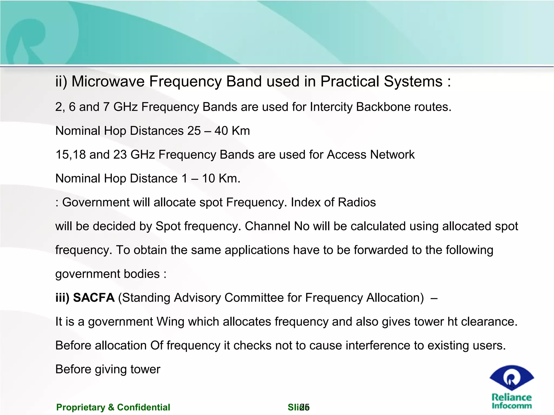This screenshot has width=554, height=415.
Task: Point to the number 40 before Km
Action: pos(221,131)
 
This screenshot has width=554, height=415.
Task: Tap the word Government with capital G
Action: pos(96,203)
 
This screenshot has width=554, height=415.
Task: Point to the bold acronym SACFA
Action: pos(94,298)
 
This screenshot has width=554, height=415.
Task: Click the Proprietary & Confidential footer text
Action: pos(113,407)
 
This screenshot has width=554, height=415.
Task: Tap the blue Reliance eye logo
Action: pos(511,377)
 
